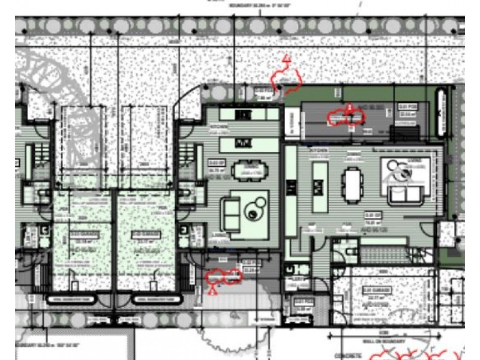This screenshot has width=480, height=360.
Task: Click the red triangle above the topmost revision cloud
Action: pos(287,59)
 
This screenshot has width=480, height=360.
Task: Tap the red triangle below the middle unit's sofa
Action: pos(211,289)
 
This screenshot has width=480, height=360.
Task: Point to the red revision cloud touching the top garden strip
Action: pos(286,77)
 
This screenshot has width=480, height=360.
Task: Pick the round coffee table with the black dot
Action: pos(255,210)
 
